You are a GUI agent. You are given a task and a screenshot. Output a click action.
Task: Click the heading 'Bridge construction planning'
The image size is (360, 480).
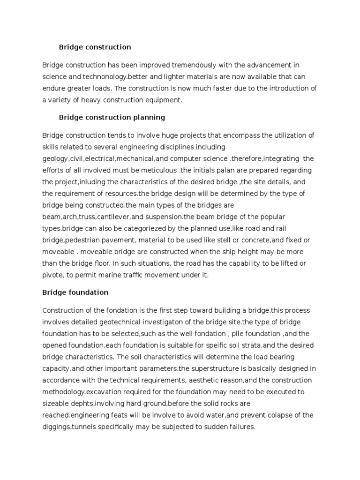pyautogui.click(x=112, y=117)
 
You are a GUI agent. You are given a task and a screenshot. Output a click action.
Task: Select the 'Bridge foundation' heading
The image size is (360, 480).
pyautogui.click(x=75, y=292)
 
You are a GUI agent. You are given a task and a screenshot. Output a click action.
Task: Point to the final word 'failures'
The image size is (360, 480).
pyautogui.click(x=240, y=427)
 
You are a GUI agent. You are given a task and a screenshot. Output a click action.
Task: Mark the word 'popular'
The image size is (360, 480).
pyautogui.click(x=271, y=217)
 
